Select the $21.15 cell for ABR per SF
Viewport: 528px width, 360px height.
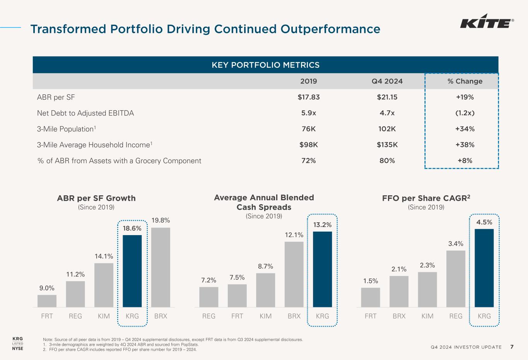click(x=387, y=97)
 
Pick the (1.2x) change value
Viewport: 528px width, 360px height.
click(x=465, y=113)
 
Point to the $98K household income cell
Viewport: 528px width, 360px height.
click(x=308, y=145)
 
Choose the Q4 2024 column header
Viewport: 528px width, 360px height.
click(x=387, y=81)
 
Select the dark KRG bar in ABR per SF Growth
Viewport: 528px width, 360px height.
click(x=132, y=271)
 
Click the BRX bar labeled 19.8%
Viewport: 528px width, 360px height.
click(x=161, y=267)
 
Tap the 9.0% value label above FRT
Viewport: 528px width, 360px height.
click(x=47, y=288)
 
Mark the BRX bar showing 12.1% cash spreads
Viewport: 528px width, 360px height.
click(x=294, y=274)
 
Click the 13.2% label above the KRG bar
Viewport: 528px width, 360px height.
click(x=322, y=225)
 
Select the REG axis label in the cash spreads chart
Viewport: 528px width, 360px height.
click(x=209, y=316)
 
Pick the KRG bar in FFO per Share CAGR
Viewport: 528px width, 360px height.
click(x=484, y=268)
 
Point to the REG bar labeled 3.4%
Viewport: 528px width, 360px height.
click(x=456, y=278)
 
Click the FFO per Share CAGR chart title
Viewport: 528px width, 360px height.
click(x=426, y=198)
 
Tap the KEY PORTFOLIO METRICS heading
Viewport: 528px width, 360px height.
click(x=265, y=65)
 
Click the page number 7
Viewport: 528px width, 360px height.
click(x=512, y=347)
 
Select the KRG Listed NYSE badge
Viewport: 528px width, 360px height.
click(x=18, y=343)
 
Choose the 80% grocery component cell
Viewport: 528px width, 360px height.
click(x=387, y=160)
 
